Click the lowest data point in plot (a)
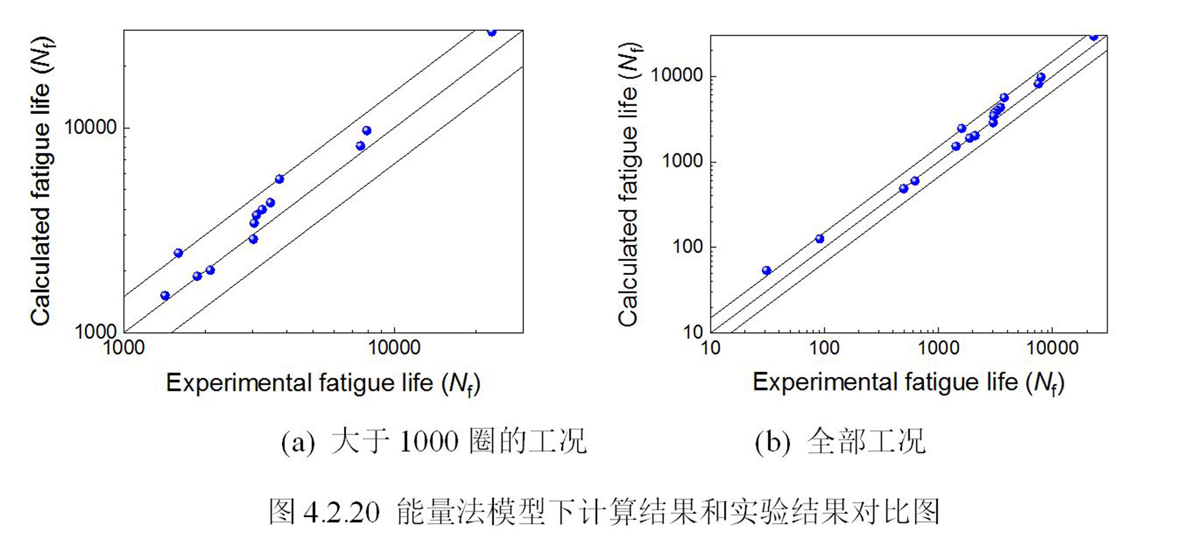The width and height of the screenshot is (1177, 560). click(x=165, y=296)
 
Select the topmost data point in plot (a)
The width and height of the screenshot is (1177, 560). click(x=492, y=32)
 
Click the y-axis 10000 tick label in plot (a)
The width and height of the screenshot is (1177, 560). click(x=90, y=127)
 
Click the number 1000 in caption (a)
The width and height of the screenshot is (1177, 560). click(x=428, y=442)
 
